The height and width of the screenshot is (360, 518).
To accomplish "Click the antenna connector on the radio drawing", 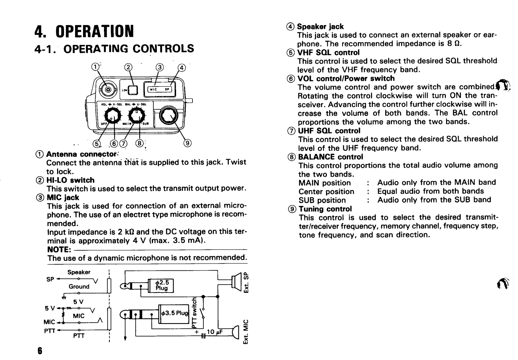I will click(x=107, y=90).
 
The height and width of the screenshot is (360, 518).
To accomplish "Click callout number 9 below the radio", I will click(x=187, y=143).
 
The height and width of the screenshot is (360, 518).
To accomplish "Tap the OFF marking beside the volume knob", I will click(x=104, y=124).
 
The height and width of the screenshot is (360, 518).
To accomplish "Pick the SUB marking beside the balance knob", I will click(x=149, y=124).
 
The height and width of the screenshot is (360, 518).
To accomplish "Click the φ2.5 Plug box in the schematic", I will click(x=161, y=285).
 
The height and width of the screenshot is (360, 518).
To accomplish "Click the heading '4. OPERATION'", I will click(x=84, y=31).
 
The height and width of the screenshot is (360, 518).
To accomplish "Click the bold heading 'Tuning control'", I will click(x=325, y=209).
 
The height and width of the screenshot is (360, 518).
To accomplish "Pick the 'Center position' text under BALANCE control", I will click(x=326, y=192).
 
